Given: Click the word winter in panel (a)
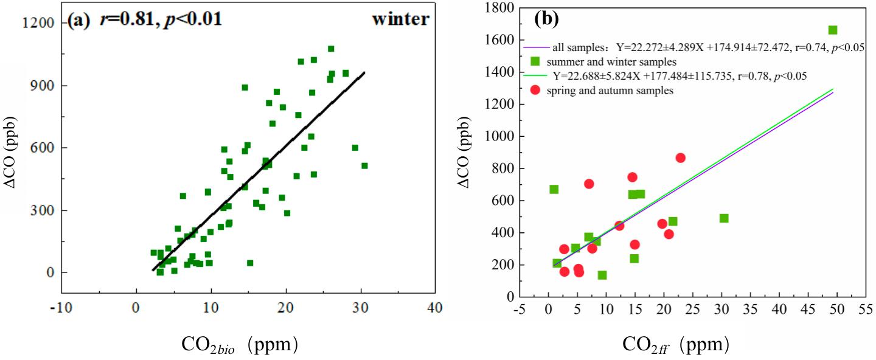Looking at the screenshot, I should (400, 19).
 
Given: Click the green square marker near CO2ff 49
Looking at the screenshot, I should (833, 30).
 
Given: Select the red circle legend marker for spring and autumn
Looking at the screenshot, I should (536, 90).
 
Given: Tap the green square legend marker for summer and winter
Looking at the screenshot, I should (536, 61).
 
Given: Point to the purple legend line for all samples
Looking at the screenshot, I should (537, 46).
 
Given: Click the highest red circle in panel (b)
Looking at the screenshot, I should (680, 157).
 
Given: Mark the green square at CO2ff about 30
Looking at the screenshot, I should (724, 218).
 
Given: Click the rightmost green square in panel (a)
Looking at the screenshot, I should (364, 165).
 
